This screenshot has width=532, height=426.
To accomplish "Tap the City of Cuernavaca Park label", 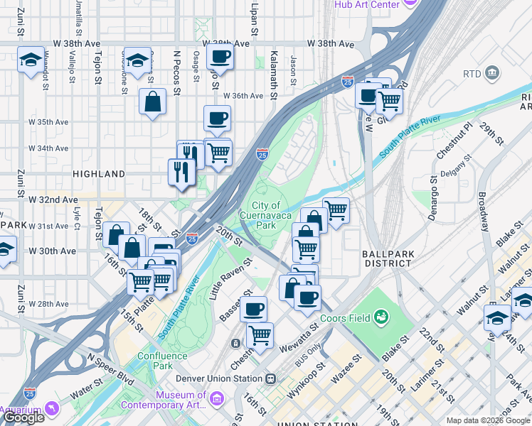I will click(265, 215).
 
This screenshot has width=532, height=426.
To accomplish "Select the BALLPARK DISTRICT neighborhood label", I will click(386, 258).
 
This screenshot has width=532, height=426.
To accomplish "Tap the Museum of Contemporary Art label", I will click(164, 400).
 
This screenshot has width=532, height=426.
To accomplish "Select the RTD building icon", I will click(491, 73).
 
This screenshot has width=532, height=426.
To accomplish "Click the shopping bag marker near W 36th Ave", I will click(153, 103).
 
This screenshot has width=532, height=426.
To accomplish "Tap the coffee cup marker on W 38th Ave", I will click(220, 58).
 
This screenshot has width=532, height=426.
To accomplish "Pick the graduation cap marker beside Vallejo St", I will click(31, 61).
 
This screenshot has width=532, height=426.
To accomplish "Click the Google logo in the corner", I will click(23, 417).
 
